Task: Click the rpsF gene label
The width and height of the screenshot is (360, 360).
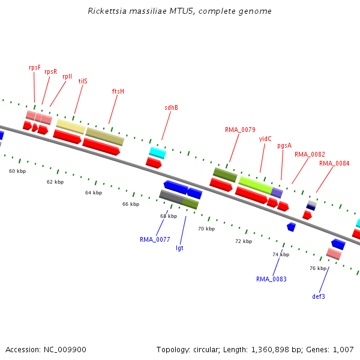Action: [x=35, y=68]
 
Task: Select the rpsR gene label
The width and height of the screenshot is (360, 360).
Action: [x=51, y=71]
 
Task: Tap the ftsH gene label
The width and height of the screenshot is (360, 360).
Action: [x=118, y=91]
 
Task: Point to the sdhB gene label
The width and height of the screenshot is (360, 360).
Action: [x=171, y=108]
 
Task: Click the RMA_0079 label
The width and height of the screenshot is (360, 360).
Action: [x=240, y=130]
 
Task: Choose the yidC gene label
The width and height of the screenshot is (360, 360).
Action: [x=265, y=139]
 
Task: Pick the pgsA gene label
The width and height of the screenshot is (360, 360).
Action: [x=284, y=145]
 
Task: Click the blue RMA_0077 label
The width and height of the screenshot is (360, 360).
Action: [x=155, y=239]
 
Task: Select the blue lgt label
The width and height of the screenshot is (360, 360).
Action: [x=179, y=248]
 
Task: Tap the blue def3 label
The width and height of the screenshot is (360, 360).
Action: [x=319, y=296]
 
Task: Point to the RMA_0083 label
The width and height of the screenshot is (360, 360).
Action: [x=271, y=279]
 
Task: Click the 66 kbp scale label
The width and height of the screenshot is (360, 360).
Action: [x=131, y=204]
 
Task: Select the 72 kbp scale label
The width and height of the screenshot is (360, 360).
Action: [x=244, y=241]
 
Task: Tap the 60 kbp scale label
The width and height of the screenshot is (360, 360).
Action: [x=17, y=171]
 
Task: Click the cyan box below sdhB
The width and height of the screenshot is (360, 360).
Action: [x=157, y=152]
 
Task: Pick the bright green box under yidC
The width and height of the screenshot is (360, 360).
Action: [x=256, y=184]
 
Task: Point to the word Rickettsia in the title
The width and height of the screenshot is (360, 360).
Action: [x=106, y=11]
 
